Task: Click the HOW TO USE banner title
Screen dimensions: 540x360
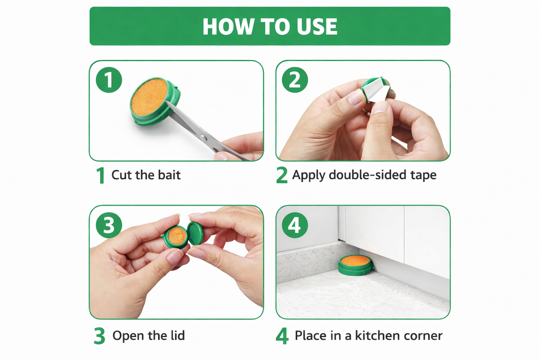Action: click(x=269, y=26)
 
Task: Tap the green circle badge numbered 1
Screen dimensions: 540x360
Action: click(x=109, y=80)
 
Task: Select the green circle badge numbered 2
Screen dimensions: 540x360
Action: click(x=295, y=80)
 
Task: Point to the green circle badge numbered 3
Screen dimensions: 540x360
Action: click(x=109, y=225)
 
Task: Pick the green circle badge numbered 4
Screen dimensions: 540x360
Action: click(x=295, y=225)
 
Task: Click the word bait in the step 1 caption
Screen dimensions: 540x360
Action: click(x=169, y=175)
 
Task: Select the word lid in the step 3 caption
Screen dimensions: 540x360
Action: click(x=177, y=335)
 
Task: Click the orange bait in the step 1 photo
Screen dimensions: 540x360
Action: click(x=149, y=97)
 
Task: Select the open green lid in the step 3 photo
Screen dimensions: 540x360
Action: click(x=196, y=233)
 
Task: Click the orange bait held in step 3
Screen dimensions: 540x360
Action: click(x=177, y=236)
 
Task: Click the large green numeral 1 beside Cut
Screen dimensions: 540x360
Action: click(x=101, y=175)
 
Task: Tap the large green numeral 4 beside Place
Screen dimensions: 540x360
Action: click(x=282, y=336)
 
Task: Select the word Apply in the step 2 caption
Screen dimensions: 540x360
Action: click(x=308, y=176)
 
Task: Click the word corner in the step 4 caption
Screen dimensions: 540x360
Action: click(x=421, y=336)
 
